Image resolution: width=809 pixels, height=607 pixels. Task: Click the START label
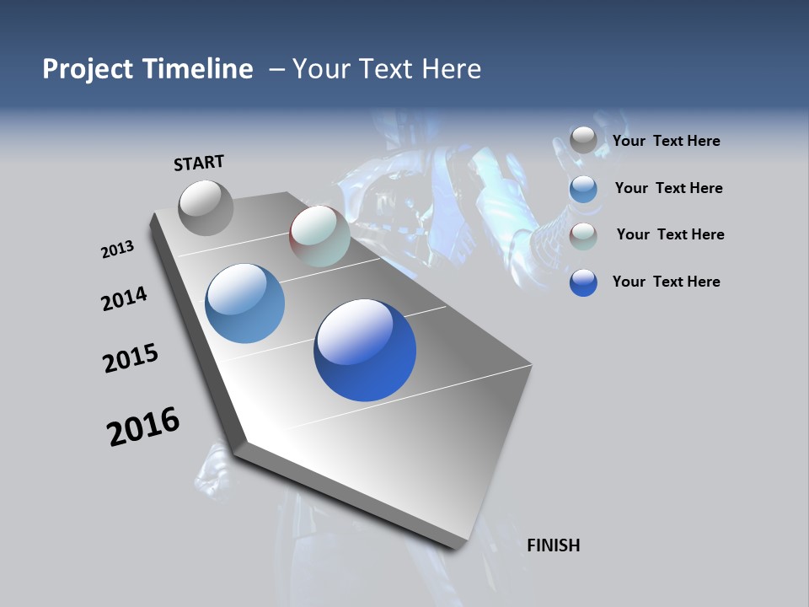pos(199,162)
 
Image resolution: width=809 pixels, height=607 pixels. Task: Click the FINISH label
pos(553,545)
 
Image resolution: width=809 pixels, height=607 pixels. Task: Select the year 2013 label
pos(117,249)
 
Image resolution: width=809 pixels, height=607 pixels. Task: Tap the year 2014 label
pos(124,298)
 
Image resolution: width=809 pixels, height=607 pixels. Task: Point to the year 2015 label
pos(131,357)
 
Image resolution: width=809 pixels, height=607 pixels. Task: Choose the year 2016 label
pos(143,426)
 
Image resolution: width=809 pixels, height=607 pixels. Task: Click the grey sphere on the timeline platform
pos(206,207)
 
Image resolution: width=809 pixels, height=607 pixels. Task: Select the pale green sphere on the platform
pos(319,236)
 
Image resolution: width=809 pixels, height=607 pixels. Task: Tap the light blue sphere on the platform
pos(244,303)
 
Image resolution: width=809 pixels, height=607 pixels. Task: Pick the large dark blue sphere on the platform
pos(365,350)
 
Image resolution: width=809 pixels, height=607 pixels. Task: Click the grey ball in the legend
pos(583,141)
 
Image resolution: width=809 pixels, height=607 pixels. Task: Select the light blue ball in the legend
pos(583,189)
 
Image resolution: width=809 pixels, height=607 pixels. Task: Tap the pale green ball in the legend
pos(583,236)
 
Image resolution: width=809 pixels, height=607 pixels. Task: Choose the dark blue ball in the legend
pos(583,282)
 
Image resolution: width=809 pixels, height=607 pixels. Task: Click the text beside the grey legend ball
pos(666,141)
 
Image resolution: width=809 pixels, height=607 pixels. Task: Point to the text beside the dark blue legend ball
pos(666,282)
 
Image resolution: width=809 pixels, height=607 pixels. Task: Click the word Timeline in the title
pos(197,69)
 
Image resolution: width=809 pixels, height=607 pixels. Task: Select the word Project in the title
pos(88,69)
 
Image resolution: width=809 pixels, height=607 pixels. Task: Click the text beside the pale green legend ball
pos(670,234)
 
